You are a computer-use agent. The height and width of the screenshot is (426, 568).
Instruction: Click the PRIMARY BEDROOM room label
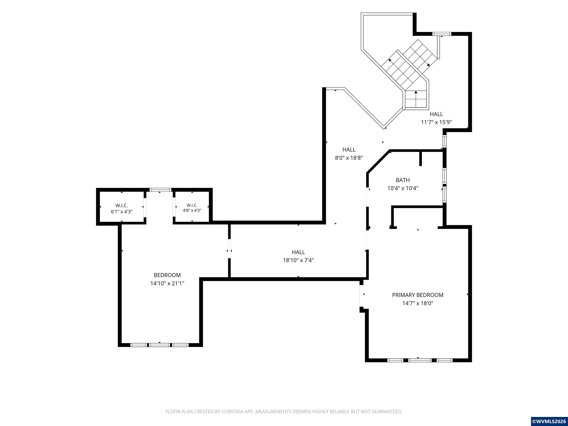417,295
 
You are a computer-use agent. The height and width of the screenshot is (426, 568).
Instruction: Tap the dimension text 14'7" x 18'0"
417,303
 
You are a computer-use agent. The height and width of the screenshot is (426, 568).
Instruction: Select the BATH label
403,180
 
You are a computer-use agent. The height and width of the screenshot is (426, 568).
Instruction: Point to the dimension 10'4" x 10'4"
403,188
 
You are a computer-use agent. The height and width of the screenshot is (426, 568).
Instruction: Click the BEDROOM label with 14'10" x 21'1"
167,275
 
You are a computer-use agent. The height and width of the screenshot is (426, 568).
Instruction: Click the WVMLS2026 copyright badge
549,421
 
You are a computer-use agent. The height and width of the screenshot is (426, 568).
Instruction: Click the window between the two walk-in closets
160,190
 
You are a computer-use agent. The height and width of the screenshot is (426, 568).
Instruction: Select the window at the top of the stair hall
442,34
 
